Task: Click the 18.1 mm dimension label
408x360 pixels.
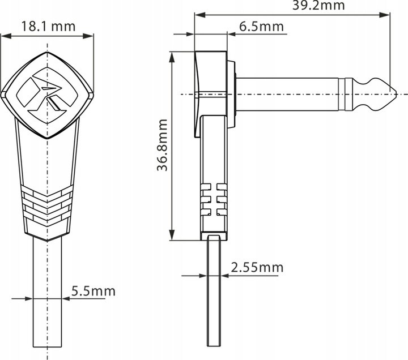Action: coord(48,26)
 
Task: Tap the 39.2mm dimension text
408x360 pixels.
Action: coord(318,5)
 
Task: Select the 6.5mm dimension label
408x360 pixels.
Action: coord(261,27)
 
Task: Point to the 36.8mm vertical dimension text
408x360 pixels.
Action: coord(163,145)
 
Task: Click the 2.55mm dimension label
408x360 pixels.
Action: coord(257,268)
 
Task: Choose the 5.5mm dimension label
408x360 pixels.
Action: coord(93,291)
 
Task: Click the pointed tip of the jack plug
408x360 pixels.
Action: coord(396,93)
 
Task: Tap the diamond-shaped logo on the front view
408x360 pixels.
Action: coord(47,95)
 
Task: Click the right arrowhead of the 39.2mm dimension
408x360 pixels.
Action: coord(385,15)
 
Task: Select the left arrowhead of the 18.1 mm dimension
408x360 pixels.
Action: coord(6,36)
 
